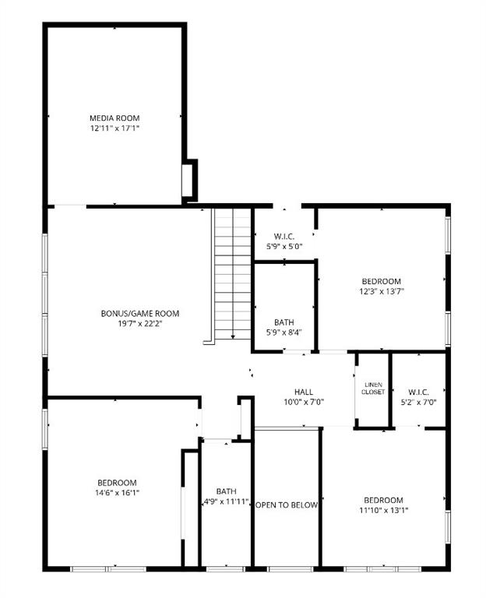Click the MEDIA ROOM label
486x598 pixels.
coord(114,118)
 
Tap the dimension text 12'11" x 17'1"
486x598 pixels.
coord(114,128)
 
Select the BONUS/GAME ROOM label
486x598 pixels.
coord(140,314)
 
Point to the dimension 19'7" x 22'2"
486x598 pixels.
coord(140,324)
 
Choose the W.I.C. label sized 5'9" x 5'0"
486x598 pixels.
coord(283,236)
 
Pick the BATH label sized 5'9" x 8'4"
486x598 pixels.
coord(283,322)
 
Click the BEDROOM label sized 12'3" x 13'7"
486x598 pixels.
coord(381,281)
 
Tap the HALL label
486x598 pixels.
coord(303,392)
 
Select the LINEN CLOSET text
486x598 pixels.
coord(372,388)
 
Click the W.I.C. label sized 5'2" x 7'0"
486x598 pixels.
coord(418,392)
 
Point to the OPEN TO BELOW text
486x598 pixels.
coord(287,505)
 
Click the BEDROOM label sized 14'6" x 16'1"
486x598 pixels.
coord(117,482)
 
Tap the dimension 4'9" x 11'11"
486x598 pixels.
coord(227,501)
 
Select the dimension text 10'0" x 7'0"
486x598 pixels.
coord(303,402)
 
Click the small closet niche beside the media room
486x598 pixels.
coord(188,181)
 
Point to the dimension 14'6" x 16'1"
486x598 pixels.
coord(117,492)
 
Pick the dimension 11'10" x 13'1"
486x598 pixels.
coord(383,510)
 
